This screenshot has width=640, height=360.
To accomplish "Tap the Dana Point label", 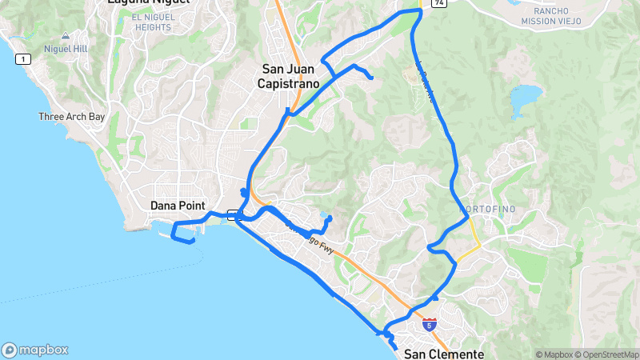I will click(178, 206).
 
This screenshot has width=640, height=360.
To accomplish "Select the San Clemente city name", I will click(444, 354).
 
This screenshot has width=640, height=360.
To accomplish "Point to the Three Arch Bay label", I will click(72, 117).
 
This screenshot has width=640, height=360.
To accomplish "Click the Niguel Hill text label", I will click(65, 49).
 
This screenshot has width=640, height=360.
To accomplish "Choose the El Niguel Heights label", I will click(152, 22).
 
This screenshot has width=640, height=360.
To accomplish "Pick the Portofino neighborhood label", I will click(490, 209).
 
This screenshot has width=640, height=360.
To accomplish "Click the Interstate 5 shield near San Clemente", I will click(431, 325).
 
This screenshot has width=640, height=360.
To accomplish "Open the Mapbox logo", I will click(35, 350).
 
